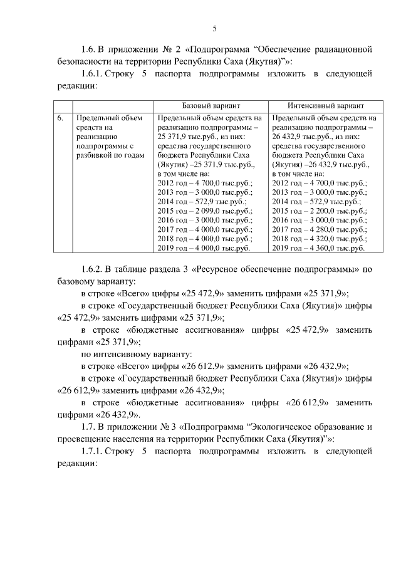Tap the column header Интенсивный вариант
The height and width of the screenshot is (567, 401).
326,106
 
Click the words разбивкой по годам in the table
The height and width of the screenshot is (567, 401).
109,155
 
